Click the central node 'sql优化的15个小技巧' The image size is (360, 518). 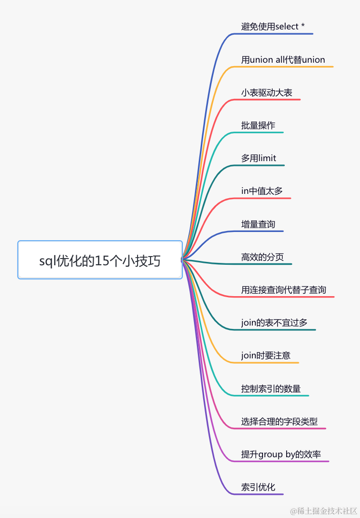tap(100, 261)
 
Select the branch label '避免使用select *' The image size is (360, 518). tap(273, 27)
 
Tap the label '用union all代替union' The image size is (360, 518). tap(283, 60)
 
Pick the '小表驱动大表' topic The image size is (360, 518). tap(267, 93)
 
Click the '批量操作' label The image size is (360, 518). tap(258, 125)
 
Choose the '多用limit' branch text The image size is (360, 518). tap(259, 158)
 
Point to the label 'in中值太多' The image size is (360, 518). tap(262, 191)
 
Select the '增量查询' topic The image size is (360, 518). tap(258, 224)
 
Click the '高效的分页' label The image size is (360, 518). tap(263, 257)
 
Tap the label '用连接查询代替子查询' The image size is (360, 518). tap(284, 289)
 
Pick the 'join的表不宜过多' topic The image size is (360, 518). tap(274, 322)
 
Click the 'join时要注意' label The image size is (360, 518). tap(266, 355)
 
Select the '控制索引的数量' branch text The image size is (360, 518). tap(271, 388)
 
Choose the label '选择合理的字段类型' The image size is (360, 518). tap(279, 421)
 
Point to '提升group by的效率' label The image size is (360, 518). tap(281, 454)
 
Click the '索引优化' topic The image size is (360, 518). tap(258, 487)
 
